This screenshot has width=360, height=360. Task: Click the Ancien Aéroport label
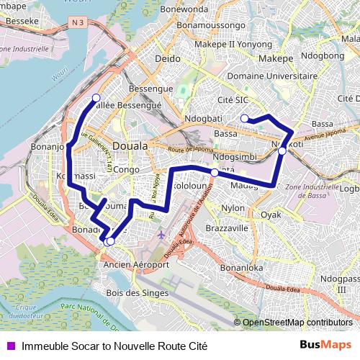pyautogui.click(x=136, y=264)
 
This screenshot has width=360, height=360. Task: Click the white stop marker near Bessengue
pyautogui.click(x=96, y=98)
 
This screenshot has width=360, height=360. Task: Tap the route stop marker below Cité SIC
pyautogui.click(x=245, y=118)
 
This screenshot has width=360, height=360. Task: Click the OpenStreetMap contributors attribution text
pyautogui.click(x=297, y=322)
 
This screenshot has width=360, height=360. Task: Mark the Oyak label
pyautogui.click(x=271, y=215)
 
